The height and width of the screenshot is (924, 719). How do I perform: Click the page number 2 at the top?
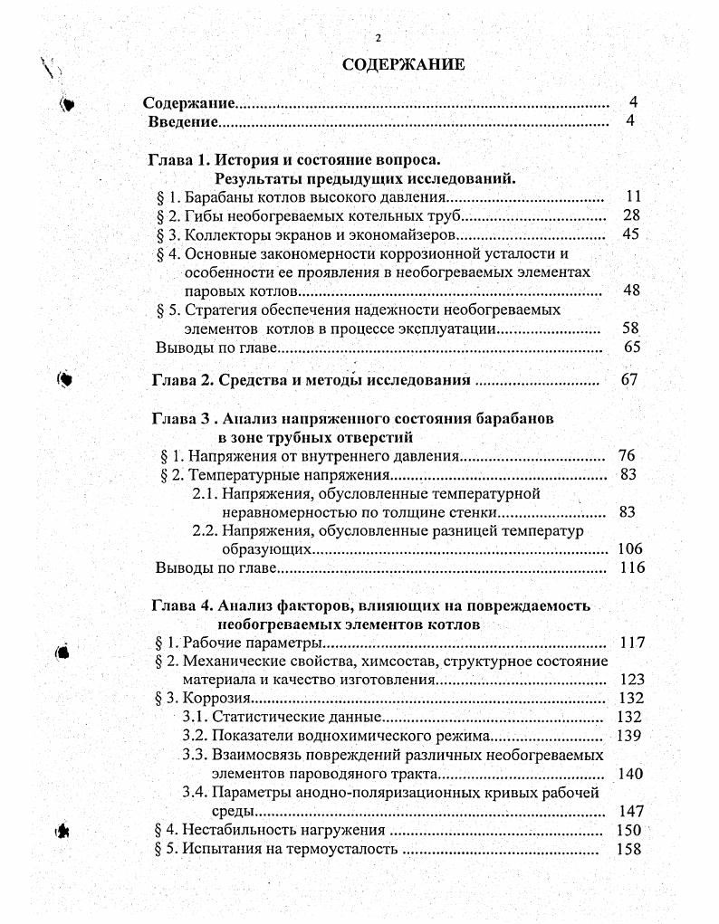click(379, 37)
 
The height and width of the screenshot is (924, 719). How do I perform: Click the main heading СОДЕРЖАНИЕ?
click(404, 64)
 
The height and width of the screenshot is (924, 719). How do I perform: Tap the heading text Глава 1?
click(178, 160)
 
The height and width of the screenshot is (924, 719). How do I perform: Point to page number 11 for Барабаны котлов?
click(633, 196)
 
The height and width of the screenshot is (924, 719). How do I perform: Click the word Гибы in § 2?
click(204, 215)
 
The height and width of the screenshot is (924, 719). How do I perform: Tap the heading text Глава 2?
click(180, 380)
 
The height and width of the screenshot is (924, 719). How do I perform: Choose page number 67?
click(630, 380)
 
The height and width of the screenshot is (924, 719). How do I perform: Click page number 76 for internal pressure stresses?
click(627, 455)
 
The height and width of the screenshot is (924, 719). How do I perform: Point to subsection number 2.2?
click(206, 530)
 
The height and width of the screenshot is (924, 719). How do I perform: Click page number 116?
click(629, 568)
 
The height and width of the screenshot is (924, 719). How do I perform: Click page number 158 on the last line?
click(628, 849)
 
